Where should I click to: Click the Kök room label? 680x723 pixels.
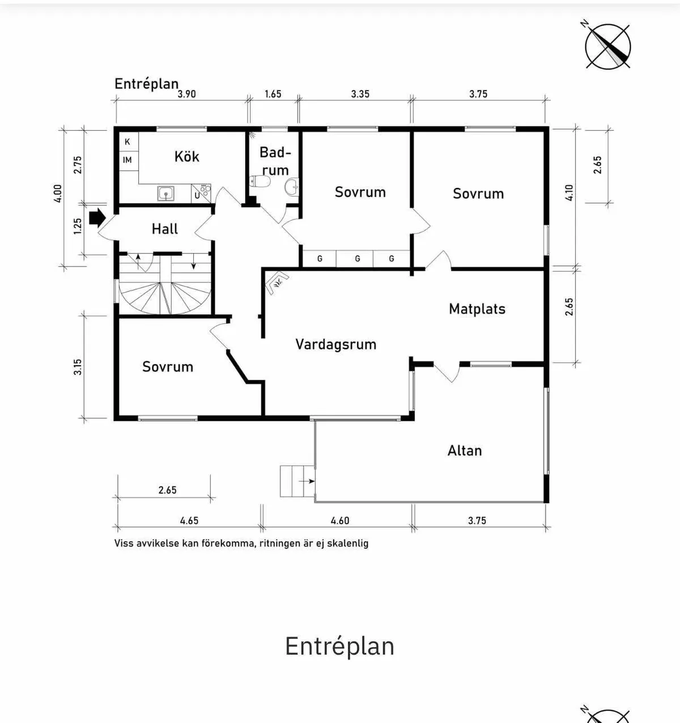pos(186,156)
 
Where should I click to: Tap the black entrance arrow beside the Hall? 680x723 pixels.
pos(97,217)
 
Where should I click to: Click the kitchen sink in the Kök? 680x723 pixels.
pos(165,194)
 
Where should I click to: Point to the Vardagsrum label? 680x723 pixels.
pos(335,344)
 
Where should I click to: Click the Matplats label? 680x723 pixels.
pos(477,309)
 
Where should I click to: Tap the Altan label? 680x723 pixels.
pos(465,451)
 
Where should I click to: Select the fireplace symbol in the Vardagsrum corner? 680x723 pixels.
pos(277,282)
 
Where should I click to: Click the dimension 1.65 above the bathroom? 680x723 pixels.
pos(273,94)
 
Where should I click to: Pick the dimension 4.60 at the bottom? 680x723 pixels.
pos(339,520)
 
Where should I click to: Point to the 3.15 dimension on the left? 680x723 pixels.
pos(78,367)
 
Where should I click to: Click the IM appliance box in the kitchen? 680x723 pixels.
pos(127,160)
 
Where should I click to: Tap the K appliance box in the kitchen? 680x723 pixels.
pos(127,142)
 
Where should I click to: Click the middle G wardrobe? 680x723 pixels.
pos(357,259)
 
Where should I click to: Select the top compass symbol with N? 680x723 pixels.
pos(607,46)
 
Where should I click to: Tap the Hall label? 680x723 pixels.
pos(164,229)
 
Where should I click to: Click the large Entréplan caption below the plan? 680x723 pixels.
pos(339,646)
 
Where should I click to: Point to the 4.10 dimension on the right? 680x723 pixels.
pos(569,192)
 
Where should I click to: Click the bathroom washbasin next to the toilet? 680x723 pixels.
pos(292,186)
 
